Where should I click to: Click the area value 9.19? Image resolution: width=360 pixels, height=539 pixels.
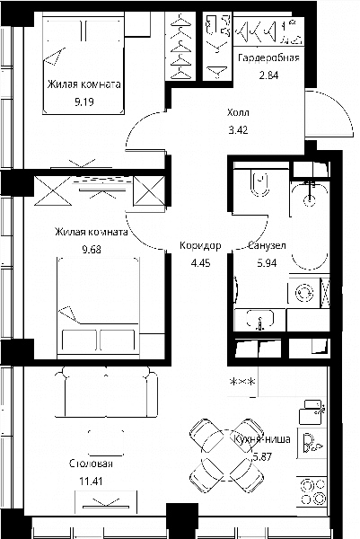click(84, 102)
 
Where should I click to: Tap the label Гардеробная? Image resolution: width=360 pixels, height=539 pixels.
click(268, 57)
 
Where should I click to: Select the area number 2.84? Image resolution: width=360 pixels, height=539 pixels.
click(268, 75)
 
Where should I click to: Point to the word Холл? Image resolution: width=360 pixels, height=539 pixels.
click(238, 112)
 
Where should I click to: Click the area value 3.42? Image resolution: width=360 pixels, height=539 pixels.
click(238, 130)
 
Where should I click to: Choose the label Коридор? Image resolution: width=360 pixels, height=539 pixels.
click(200, 246)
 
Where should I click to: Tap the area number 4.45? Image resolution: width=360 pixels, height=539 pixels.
click(200, 263)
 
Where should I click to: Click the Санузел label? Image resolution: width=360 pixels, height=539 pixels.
click(267, 246)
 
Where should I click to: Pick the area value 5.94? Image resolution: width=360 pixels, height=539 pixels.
click(267, 263)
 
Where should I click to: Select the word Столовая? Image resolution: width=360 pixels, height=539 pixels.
click(91, 464)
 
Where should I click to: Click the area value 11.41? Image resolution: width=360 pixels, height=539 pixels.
click(91, 482)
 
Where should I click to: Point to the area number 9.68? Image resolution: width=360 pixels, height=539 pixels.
click(92, 249)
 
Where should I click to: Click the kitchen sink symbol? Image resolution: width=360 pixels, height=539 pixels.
click(312, 443)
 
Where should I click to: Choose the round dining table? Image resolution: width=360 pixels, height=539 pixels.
click(227, 455)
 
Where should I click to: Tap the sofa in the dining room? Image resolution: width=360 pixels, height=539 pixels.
click(106, 392)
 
